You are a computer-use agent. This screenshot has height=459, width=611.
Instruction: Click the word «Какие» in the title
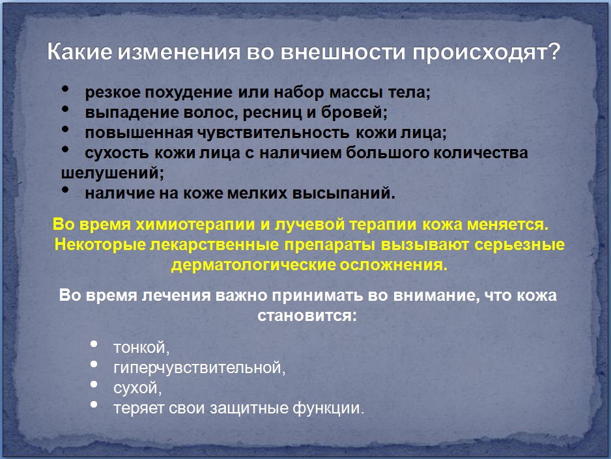79,51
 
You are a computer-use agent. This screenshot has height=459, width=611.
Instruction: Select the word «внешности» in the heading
343,51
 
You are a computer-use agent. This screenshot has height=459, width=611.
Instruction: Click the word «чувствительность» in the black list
273,133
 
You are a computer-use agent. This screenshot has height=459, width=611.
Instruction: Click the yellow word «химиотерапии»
195,225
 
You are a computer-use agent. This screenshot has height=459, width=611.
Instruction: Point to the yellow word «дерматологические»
253,265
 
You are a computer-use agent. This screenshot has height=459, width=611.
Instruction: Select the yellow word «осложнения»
393,265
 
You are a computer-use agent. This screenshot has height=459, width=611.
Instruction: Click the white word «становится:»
307,315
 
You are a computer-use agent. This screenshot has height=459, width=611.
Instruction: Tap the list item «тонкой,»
141,348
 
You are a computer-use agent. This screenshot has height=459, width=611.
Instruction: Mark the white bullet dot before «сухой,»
94,384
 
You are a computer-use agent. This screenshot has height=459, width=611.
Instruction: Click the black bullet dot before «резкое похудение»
65,89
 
